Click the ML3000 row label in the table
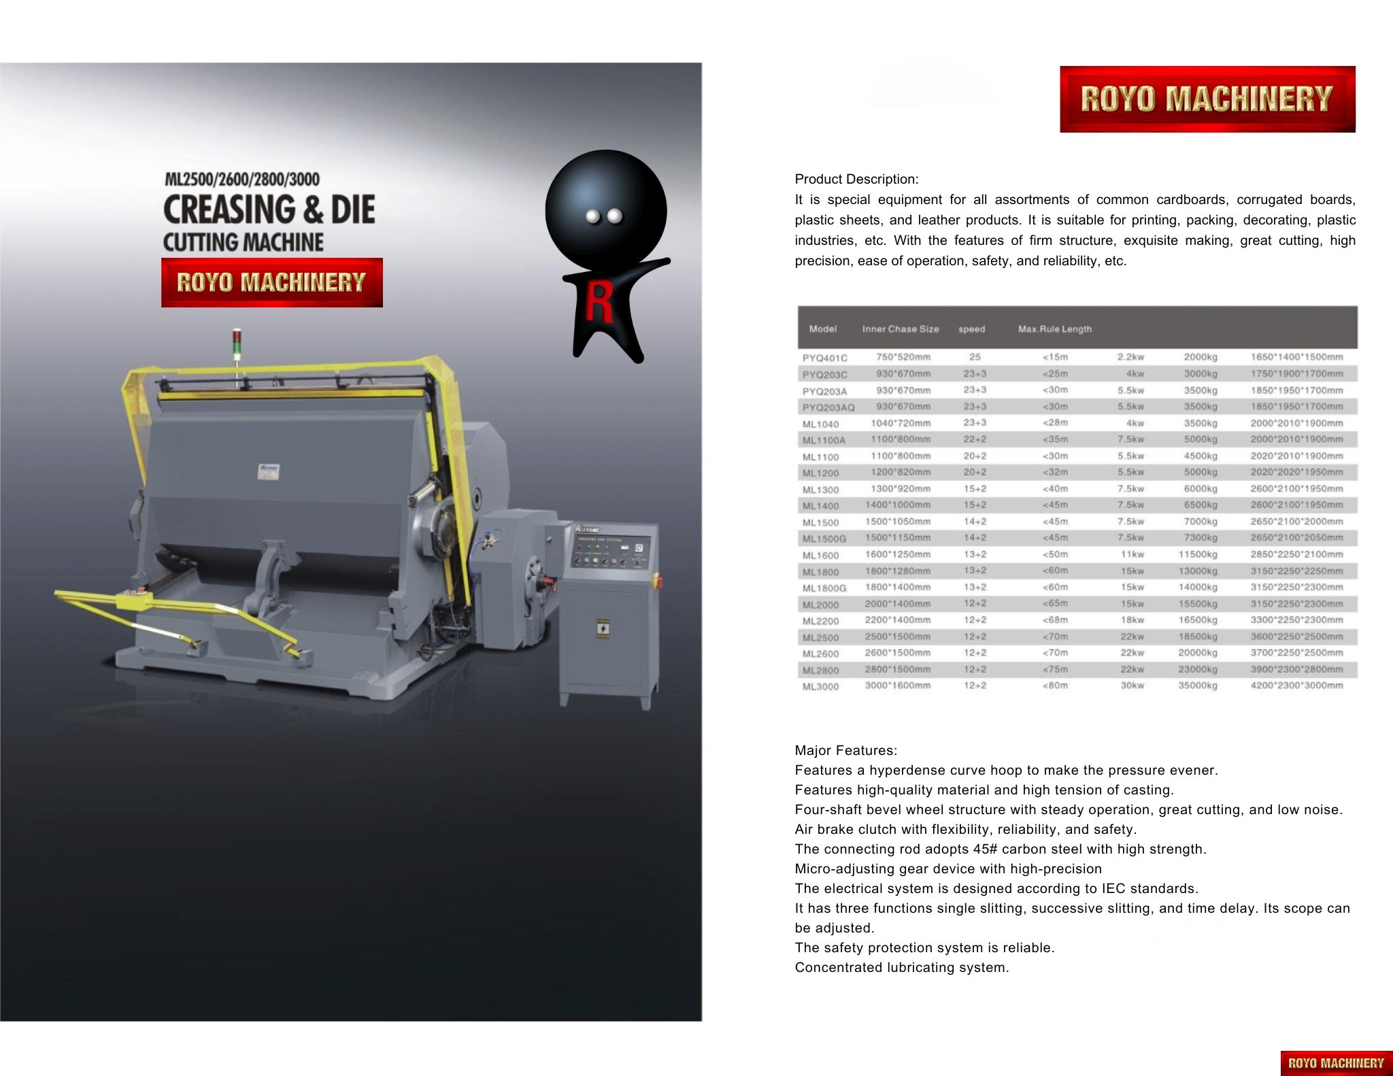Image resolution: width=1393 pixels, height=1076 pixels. pyautogui.click(x=820, y=687)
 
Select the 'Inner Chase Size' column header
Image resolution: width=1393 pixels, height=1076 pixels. pyautogui.click(x=900, y=329)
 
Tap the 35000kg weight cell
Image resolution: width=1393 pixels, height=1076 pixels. pyautogui.click(x=1198, y=686)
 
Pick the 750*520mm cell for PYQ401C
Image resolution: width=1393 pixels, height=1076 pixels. pyautogui.click(x=903, y=357)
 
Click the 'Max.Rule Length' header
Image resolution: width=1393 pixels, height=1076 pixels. pyautogui.click(x=1054, y=329)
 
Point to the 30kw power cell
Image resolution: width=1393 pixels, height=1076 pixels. pyautogui.click(x=1132, y=686)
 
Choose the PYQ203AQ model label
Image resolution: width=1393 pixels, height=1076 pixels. pyautogui.click(x=828, y=407)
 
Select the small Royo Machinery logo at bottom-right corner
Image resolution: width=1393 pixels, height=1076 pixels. pyautogui.click(x=1336, y=1063)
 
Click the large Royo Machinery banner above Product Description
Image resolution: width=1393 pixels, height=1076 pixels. pyautogui.click(x=1207, y=99)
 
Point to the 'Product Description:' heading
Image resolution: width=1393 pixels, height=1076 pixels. pyautogui.click(x=856, y=180)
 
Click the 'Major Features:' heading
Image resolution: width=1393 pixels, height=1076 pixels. pyautogui.click(x=845, y=751)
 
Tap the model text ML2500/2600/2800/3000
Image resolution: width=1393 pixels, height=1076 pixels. pyautogui.click(x=241, y=180)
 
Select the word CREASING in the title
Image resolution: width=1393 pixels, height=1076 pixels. pyautogui.click(x=229, y=209)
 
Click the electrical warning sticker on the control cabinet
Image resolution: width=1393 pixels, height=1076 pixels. pyautogui.click(x=603, y=628)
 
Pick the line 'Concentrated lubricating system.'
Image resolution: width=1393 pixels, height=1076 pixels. pyautogui.click(x=901, y=968)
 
